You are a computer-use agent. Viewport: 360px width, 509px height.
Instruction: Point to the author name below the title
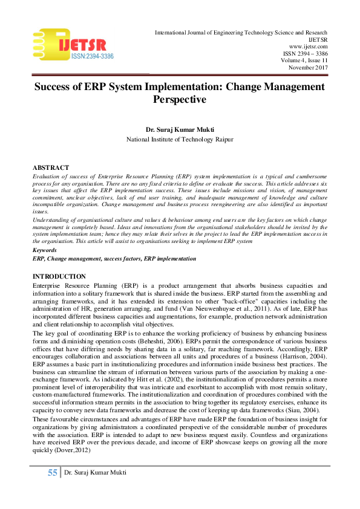click(180, 130)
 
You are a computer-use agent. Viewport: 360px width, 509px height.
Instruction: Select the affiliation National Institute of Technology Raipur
click(180, 139)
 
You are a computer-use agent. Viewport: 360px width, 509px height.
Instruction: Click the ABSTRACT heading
click(50, 167)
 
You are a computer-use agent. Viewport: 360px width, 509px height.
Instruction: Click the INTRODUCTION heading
click(60, 276)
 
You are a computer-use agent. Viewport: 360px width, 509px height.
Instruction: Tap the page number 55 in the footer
click(52, 473)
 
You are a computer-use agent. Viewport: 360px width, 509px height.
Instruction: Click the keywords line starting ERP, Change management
click(114, 259)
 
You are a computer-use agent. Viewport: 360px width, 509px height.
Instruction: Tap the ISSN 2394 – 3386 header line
click(305, 53)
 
